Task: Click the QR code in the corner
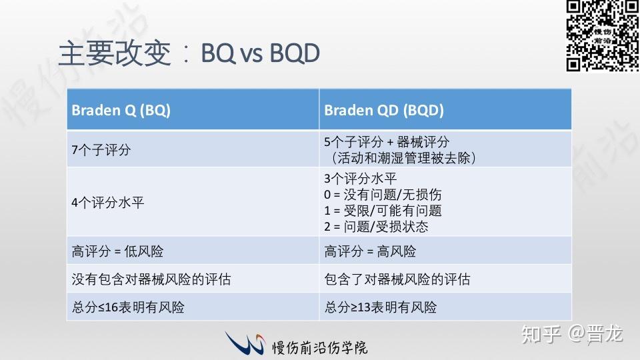[602, 35]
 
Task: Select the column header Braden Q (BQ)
[121, 110]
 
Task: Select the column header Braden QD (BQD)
[384, 110]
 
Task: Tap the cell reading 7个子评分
[101, 150]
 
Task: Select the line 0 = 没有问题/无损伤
[383, 195]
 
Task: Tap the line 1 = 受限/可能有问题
[383, 211]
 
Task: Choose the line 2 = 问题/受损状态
[376, 227]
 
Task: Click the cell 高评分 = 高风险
[370, 251]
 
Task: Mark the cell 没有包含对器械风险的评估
[151, 279]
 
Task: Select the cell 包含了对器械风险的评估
[397, 279]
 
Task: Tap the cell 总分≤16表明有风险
[128, 307]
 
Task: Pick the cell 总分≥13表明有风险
[381, 307]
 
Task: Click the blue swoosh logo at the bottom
[245, 343]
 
